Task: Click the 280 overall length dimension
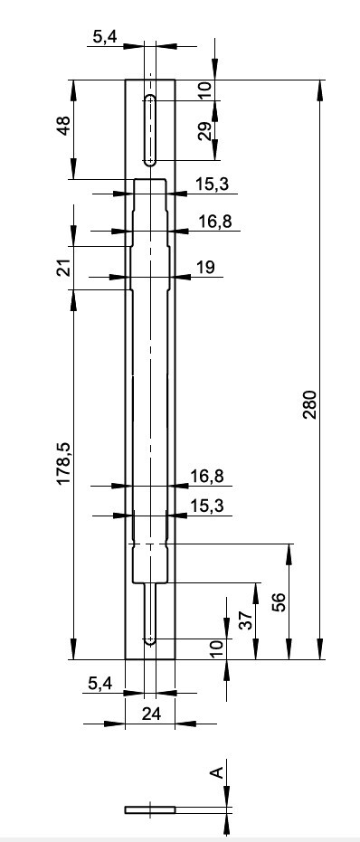311,405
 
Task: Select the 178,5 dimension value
64,464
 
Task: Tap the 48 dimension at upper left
64,126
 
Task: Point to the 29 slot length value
204,131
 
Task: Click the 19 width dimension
204,267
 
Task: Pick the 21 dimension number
64,268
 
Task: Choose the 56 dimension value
279,602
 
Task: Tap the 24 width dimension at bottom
151,714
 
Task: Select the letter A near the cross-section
216,772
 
